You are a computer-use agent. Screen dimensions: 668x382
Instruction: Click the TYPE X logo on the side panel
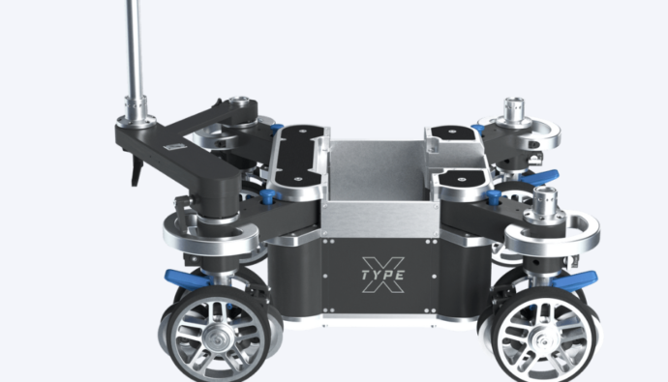tap(383, 275)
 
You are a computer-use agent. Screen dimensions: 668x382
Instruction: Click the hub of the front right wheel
tap(544, 340)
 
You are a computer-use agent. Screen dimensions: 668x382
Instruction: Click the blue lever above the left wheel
tap(189, 278)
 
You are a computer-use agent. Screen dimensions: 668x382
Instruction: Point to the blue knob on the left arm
tap(267, 196)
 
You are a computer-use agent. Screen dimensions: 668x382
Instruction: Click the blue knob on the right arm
tap(494, 197)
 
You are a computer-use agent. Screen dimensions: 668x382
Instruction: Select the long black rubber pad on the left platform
tap(298, 156)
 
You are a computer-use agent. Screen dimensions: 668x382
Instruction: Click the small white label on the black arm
tap(175, 147)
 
